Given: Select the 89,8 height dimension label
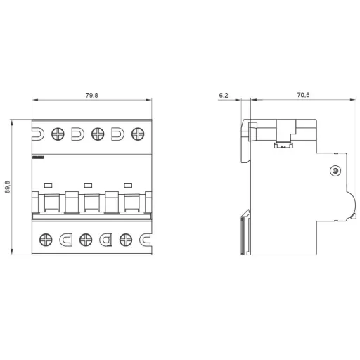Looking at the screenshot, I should point(8,188).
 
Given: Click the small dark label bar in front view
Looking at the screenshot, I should point(38,159).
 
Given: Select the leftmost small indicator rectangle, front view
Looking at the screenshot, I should point(48,184).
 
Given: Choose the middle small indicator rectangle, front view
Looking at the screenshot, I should point(88,184).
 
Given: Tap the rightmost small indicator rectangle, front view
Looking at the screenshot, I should point(128,184).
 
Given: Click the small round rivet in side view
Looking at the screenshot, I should point(335,171).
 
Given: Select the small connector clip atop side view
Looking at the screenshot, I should point(283,146).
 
